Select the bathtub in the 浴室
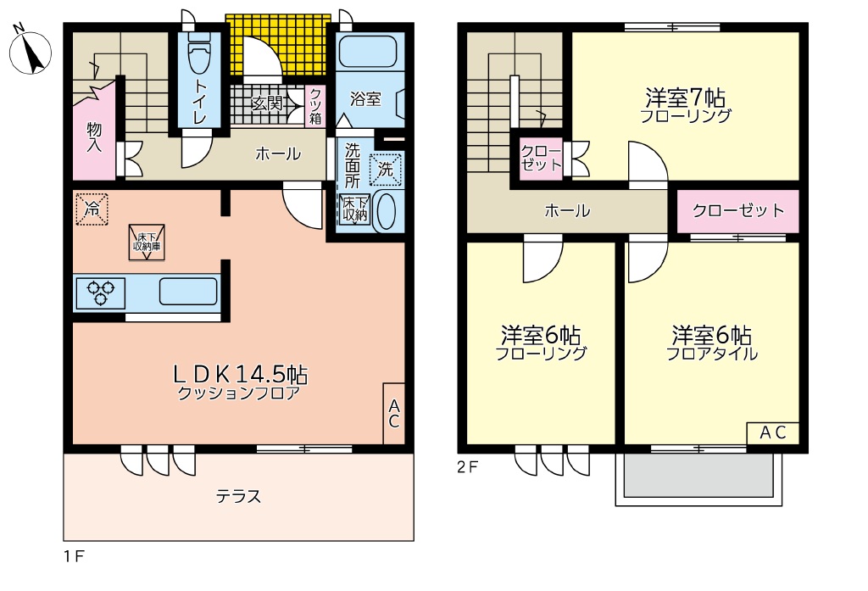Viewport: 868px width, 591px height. pyautogui.click(x=368, y=52)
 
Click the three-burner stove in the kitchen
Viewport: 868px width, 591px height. pyautogui.click(x=100, y=293)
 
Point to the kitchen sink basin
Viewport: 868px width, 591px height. pyautogui.click(x=188, y=292)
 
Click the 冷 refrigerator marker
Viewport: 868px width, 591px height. pyautogui.click(x=92, y=209)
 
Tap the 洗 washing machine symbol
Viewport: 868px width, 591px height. pyautogui.click(x=386, y=169)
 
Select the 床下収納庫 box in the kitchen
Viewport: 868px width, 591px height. pyautogui.click(x=147, y=242)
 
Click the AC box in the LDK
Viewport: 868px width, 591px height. pyautogui.click(x=393, y=413)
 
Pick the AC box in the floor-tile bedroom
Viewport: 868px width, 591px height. pyautogui.click(x=773, y=433)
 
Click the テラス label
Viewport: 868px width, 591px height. pyautogui.click(x=238, y=496)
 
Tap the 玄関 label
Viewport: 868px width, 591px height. pyautogui.click(x=267, y=103)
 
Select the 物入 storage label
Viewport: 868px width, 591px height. pyautogui.click(x=95, y=137)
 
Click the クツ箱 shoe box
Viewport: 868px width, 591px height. pyautogui.click(x=315, y=106)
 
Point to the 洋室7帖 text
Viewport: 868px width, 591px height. pyautogui.click(x=685, y=98)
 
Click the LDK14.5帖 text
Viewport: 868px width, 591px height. pyautogui.click(x=240, y=375)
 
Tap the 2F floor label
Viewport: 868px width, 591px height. pyautogui.click(x=467, y=467)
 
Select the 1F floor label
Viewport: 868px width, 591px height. pyautogui.click(x=74, y=555)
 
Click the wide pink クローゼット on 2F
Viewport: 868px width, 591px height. pyautogui.click(x=738, y=211)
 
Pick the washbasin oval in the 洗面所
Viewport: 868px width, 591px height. pyautogui.click(x=386, y=211)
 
